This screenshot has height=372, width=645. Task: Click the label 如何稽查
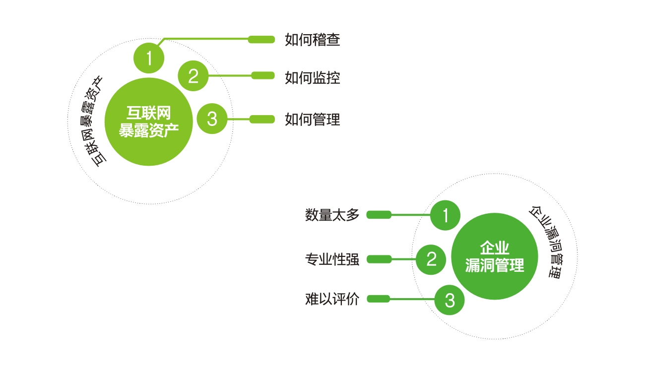pos(312,40)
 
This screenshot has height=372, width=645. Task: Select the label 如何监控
pos(312,77)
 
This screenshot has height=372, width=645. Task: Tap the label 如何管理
pos(312,120)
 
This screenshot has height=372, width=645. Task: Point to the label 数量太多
pos(332,215)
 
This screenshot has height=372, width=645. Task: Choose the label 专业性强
pos(332,259)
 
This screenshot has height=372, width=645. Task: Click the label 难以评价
pos(332,300)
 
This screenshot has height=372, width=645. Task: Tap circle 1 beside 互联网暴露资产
pos(149,59)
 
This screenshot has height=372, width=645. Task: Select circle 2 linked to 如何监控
pos(193,76)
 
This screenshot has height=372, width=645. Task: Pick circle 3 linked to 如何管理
pos(212,119)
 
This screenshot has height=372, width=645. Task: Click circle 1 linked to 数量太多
pos(445,215)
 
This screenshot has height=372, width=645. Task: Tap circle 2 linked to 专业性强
pos(431,259)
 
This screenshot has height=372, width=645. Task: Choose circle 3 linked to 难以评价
pos(450,300)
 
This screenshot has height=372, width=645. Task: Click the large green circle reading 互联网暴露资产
pos(148,122)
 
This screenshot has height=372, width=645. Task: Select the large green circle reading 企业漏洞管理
pos(494,256)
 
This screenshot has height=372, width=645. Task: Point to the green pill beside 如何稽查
pos(261,40)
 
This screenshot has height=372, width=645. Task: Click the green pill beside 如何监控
pos(263,75)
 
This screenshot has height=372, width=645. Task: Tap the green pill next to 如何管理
pos(262,119)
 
